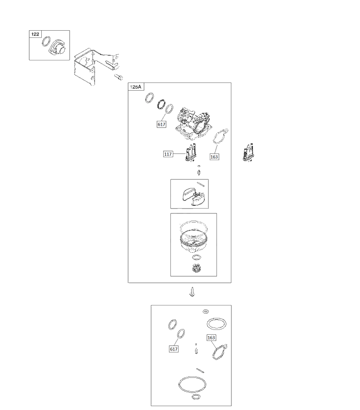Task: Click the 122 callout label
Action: click(35, 34)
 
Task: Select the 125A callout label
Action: click(136, 87)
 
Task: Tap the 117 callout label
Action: click(168, 154)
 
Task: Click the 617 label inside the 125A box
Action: click(161, 125)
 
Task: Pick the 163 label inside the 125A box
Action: click(214, 157)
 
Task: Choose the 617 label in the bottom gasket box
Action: click(174, 349)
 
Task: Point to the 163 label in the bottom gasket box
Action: click(211, 338)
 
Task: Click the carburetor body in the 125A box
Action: click(194, 123)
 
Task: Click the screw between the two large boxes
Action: click(192, 292)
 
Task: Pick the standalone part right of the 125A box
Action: click(248, 153)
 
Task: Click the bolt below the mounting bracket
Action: click(119, 77)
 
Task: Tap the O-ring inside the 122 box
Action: click(46, 41)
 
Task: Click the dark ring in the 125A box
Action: click(162, 105)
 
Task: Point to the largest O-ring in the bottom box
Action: click(192, 385)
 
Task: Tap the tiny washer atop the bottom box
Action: click(206, 311)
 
